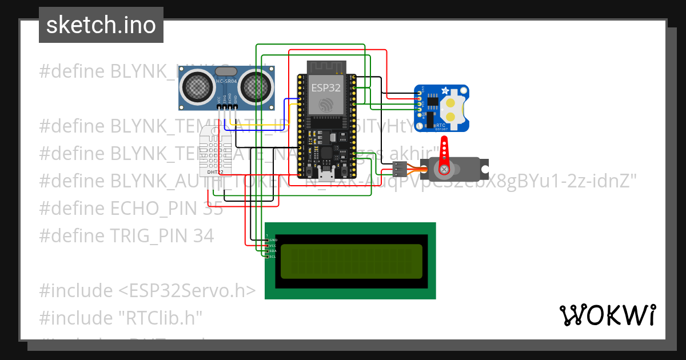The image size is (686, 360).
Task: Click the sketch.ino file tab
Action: coord(101,25)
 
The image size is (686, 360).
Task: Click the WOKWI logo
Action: coord(607,315)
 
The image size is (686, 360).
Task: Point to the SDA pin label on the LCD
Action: coord(272,251)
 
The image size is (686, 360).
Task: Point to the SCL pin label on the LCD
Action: coord(272,257)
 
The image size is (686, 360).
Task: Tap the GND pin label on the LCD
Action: coord(273,240)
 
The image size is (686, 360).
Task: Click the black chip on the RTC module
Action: coord(432,102)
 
